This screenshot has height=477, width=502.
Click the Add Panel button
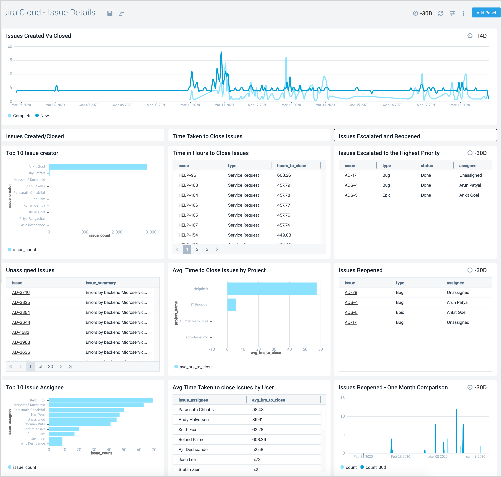click(x=486, y=13)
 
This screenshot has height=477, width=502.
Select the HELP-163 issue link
click(x=188, y=185)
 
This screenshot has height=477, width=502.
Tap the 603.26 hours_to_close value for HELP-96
click(x=284, y=175)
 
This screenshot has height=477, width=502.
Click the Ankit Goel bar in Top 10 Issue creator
click(x=98, y=167)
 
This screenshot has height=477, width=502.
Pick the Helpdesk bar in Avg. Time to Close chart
click(x=272, y=289)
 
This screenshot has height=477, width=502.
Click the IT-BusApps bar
click(x=232, y=305)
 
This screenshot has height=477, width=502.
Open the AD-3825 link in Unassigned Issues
click(x=21, y=302)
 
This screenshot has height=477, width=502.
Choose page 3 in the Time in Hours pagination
click(x=207, y=249)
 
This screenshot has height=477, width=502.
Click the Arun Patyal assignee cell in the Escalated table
click(x=470, y=185)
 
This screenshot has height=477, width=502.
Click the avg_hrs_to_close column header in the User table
click(x=268, y=400)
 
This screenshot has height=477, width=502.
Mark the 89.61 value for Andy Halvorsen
click(x=257, y=419)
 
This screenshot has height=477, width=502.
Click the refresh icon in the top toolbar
click(x=441, y=13)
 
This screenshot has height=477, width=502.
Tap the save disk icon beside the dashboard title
click(x=110, y=13)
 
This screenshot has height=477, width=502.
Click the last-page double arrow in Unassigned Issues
click(x=70, y=366)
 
